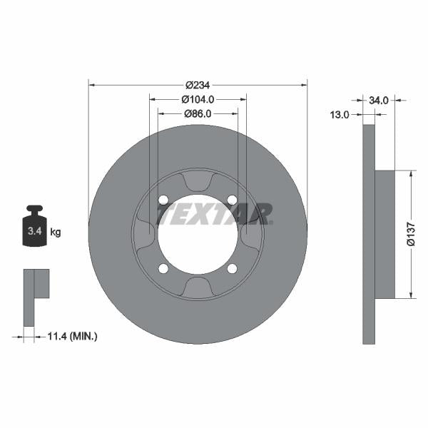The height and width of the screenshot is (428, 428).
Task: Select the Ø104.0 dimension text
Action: pyautogui.click(x=198, y=100)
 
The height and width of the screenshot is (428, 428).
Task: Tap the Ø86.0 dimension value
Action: pyautogui.click(x=198, y=113)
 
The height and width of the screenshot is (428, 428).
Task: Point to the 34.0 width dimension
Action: pyautogui.click(x=379, y=101)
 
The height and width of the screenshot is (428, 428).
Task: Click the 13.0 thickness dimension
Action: pyautogui.click(x=340, y=114)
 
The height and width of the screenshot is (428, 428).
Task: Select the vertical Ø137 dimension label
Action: pyautogui.click(x=410, y=234)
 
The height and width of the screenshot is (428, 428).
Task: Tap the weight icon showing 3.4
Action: pyautogui.click(x=34, y=228)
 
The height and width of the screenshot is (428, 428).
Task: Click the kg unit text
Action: pyautogui.click(x=56, y=232)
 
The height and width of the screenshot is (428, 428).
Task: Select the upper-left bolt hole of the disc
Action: pyautogui.click(x=163, y=199)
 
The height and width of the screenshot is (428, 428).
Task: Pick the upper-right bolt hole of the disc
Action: pyautogui.click(x=232, y=199)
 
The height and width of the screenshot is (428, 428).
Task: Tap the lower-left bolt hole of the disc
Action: pyautogui.click(x=163, y=268)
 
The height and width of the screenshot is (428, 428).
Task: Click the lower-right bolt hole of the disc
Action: pyautogui.click(x=232, y=268)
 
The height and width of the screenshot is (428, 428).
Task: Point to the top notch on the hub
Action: pyautogui.click(x=198, y=183)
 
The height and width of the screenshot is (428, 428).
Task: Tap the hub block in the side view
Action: pyautogui.click(x=384, y=234)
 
